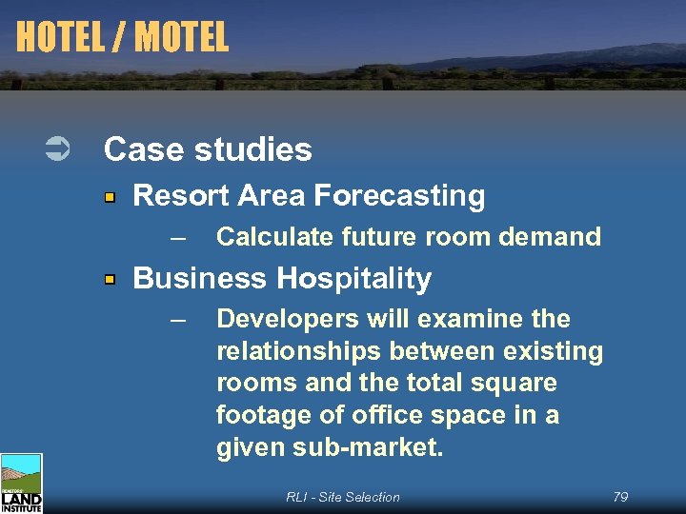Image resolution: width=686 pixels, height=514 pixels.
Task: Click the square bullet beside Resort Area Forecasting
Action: [111, 198]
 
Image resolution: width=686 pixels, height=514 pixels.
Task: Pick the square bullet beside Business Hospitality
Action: [111, 280]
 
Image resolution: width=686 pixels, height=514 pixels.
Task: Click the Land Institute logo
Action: [21, 484]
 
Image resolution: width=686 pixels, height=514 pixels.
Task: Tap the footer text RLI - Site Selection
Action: [343, 497]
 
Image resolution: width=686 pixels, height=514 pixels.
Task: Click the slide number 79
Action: [620, 497]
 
